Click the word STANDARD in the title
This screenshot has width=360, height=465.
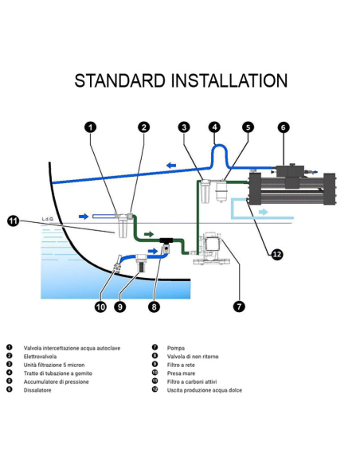tap(119, 80)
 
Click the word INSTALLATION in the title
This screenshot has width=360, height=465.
tap(229, 80)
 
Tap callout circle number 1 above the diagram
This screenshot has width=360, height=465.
tap(91, 127)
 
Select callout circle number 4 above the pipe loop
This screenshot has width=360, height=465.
tap(215, 127)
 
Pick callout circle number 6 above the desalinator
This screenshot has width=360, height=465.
tap(284, 127)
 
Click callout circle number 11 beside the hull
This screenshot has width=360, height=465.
tap(13, 221)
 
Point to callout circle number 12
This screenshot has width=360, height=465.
tap(277, 255)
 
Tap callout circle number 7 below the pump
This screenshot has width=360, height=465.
tap(239, 307)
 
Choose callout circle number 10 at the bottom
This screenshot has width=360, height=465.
tap(101, 307)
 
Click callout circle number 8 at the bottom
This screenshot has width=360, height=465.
tap(154, 307)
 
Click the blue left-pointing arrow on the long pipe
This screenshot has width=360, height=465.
tap(171, 165)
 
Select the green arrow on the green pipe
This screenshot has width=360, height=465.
tap(149, 234)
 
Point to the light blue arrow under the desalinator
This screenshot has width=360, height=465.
tap(264, 212)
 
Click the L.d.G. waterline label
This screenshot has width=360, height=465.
tap(48, 219)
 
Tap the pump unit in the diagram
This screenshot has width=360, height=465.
tap(212, 248)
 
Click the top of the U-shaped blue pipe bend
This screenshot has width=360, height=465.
tap(219, 146)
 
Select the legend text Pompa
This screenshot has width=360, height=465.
tap(176, 348)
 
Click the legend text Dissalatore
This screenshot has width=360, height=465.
tap(37, 390)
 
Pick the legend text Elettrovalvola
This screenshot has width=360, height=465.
tap(40, 357)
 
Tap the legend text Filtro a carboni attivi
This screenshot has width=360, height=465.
tap(192, 381)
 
